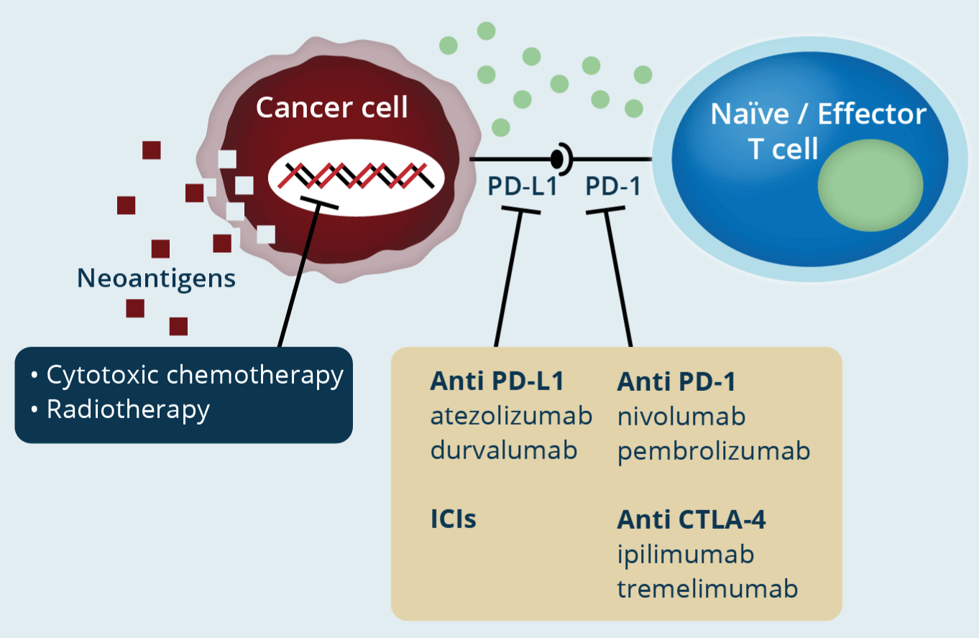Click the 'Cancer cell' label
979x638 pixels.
(331, 108)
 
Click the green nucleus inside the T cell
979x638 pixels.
(870, 185)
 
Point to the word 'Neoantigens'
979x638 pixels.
(157, 278)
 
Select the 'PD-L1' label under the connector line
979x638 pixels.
(523, 186)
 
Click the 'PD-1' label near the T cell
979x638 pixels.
(612, 186)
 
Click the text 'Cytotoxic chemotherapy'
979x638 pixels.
(194, 375)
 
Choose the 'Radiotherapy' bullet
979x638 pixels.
(128, 409)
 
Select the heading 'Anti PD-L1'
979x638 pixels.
(496, 382)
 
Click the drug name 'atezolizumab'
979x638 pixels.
(511, 416)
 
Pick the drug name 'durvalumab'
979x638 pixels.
(504, 450)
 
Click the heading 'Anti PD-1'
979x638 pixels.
(676, 382)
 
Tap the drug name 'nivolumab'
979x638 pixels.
(681, 416)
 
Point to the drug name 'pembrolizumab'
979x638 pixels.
(714, 450)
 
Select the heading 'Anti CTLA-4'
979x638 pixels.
(691, 519)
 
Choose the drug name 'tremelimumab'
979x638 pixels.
(707, 588)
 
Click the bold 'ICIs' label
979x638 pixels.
(453, 519)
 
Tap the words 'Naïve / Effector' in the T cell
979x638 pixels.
(818, 114)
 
